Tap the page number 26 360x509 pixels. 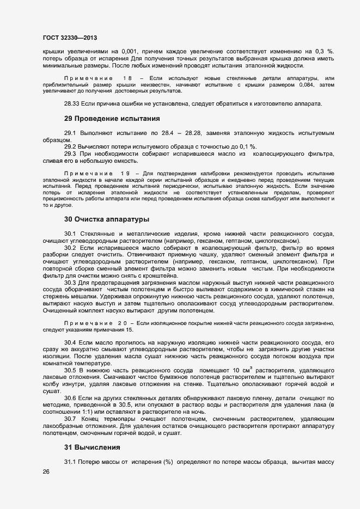tap(46, 472)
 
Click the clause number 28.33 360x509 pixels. tap(72, 103)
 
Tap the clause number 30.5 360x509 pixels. tap(70, 370)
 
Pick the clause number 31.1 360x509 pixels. tap(70, 462)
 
